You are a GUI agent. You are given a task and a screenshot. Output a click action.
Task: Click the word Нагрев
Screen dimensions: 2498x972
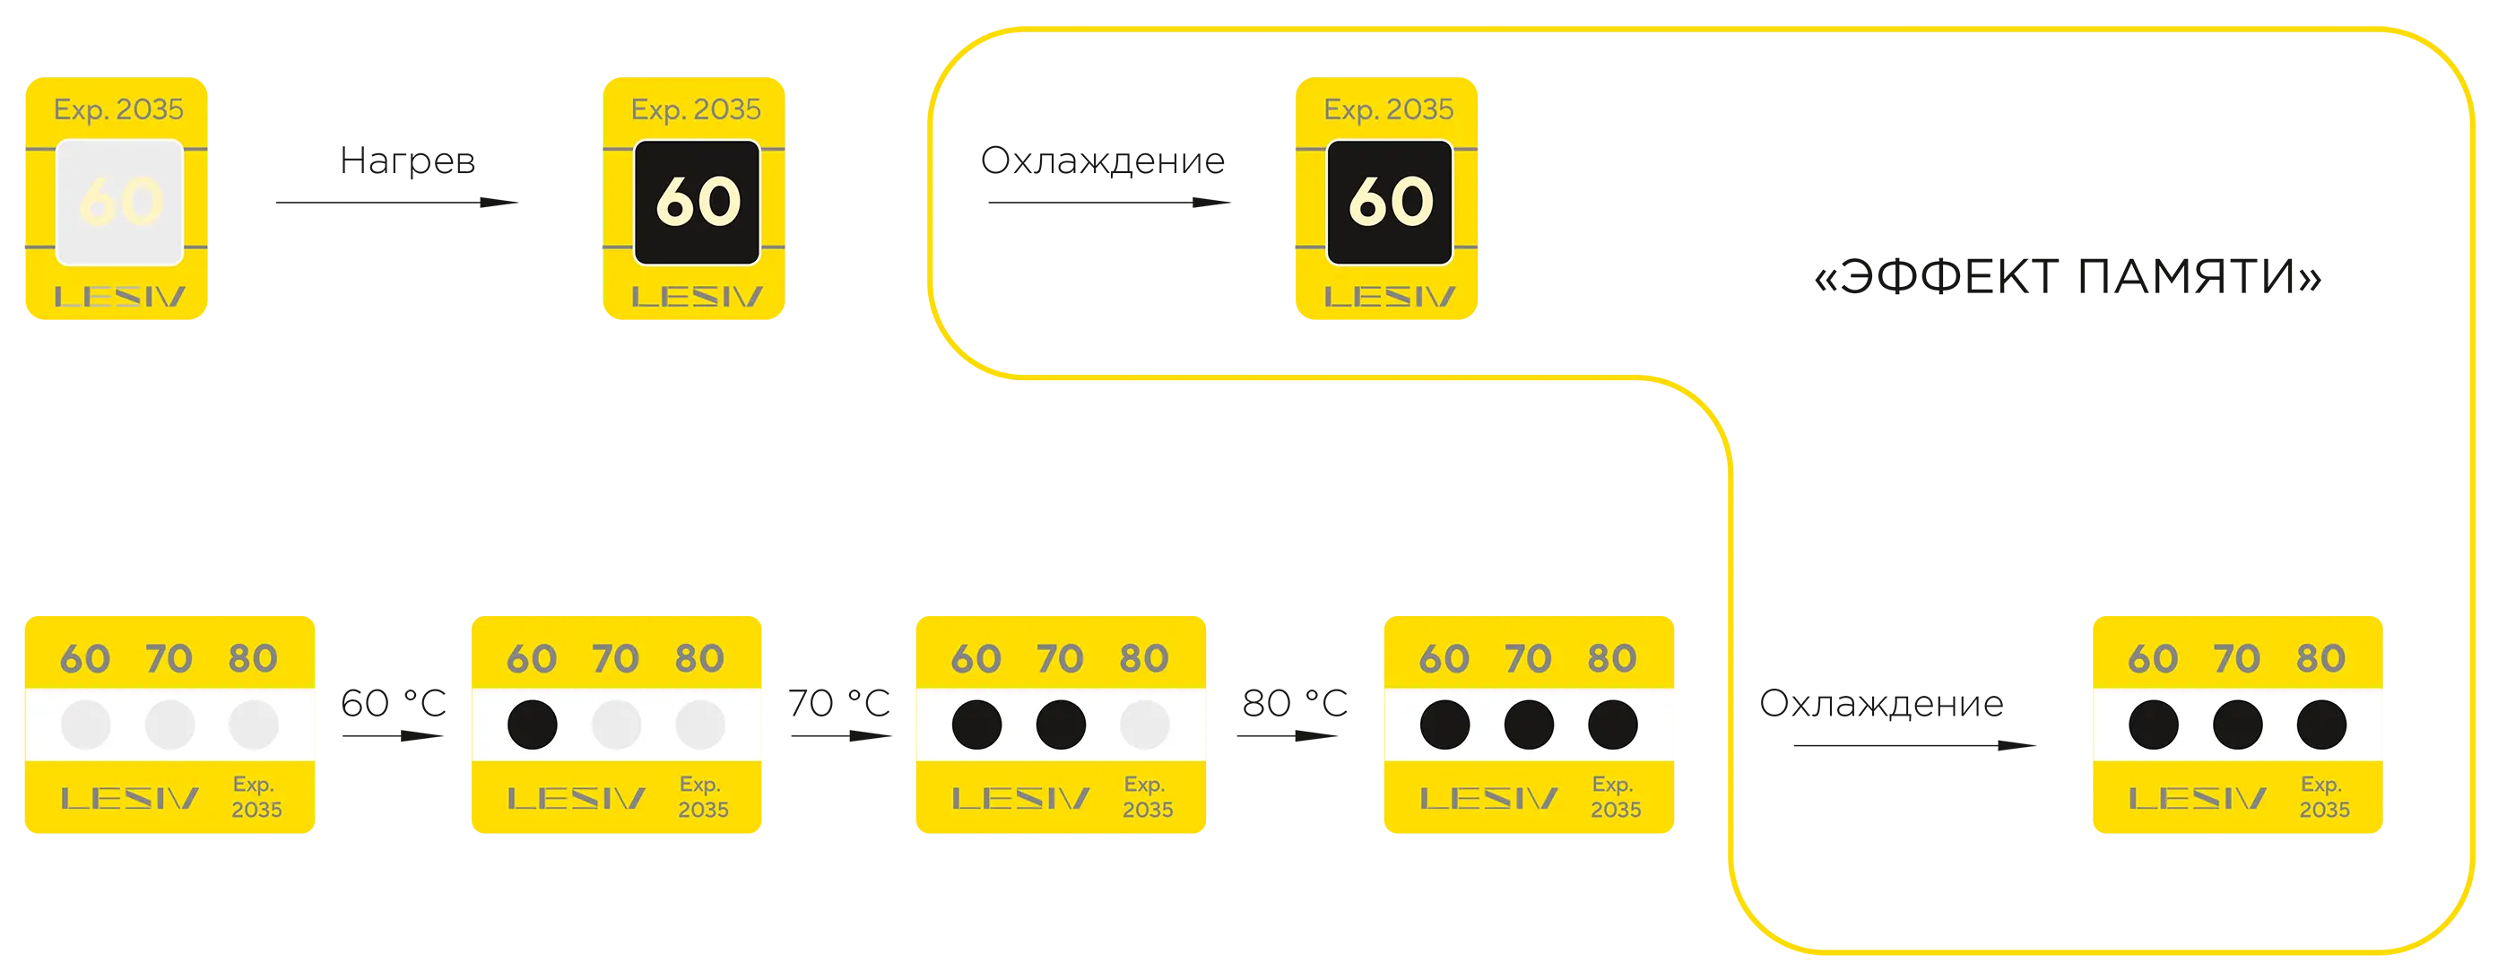click(407, 161)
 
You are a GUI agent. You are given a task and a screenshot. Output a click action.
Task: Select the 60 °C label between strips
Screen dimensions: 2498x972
click(394, 703)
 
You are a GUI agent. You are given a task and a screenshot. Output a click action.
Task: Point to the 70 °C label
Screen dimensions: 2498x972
click(839, 703)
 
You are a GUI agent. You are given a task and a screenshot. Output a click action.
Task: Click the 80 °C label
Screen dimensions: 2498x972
click(1295, 703)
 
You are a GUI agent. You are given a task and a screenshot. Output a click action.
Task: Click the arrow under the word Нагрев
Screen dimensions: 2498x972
click(397, 203)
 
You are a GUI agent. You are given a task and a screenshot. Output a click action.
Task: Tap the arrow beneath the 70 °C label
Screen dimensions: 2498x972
click(842, 736)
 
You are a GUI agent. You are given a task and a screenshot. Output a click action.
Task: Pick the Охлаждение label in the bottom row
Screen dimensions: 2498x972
click(1881, 703)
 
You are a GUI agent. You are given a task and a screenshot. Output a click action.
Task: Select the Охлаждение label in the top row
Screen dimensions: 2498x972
click(1103, 161)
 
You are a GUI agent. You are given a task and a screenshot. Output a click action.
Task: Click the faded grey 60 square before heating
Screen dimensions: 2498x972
click(119, 202)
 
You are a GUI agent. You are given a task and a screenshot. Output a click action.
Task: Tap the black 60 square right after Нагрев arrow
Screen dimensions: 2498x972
click(698, 202)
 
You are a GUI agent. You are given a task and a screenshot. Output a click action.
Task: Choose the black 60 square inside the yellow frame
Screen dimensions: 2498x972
click(1390, 202)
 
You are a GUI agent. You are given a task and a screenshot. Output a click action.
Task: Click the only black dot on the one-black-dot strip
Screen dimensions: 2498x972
click(533, 725)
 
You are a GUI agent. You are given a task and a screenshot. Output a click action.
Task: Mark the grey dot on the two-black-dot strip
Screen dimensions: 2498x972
click(1145, 725)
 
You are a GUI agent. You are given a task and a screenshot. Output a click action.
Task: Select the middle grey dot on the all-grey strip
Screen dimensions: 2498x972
click(169, 725)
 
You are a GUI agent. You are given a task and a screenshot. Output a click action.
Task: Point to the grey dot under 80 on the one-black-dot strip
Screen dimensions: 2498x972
click(700, 725)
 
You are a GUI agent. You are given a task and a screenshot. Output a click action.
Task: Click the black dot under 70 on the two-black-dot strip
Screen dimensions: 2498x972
click(1061, 725)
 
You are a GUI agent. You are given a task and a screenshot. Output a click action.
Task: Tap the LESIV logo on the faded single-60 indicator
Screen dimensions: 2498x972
click(119, 297)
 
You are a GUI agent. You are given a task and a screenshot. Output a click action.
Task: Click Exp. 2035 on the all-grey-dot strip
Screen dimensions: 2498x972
click(256, 796)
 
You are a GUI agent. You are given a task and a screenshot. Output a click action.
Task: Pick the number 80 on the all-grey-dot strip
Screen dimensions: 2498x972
click(253, 659)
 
